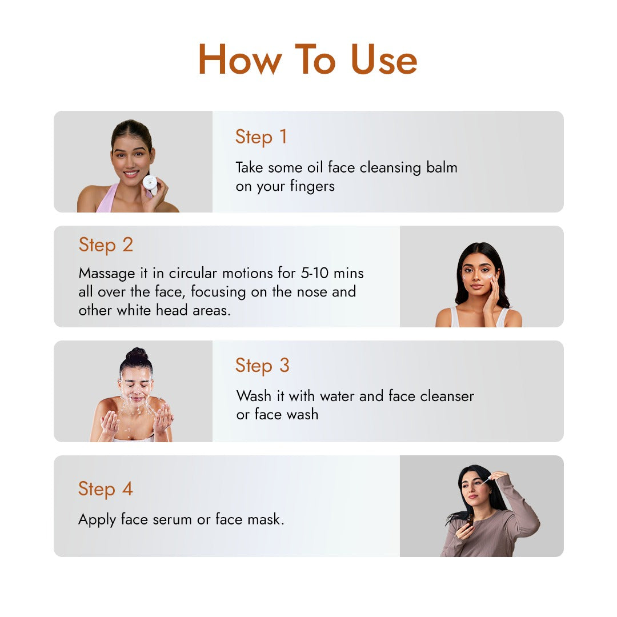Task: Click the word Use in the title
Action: [x=384, y=59]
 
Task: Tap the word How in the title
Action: [x=240, y=59]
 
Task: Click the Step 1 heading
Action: [x=261, y=137]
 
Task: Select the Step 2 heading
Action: [x=106, y=245]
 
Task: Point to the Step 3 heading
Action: [x=262, y=366]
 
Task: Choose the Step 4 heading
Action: [x=106, y=490]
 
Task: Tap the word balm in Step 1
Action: [x=442, y=167]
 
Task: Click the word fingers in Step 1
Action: [x=312, y=186]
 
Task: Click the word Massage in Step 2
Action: [x=107, y=274]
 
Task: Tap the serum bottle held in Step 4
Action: [x=470, y=520]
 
